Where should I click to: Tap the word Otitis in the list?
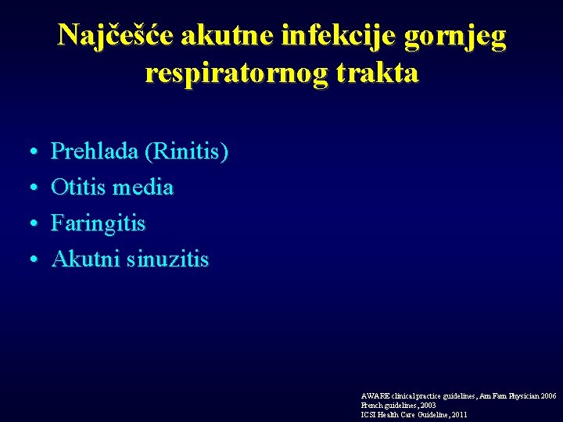[79, 187]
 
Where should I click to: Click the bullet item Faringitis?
[99, 224]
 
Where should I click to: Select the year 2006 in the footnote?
[547, 397]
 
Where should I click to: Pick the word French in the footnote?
[371, 406]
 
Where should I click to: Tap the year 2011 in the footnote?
[458, 414]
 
